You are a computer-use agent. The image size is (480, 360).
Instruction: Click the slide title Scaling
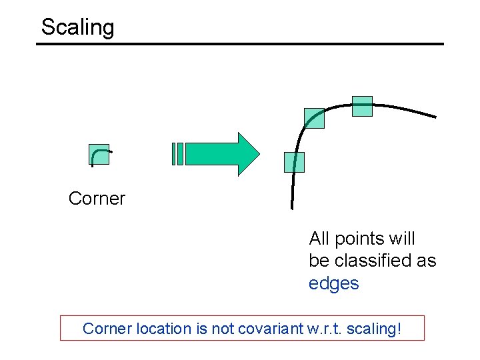point(77,27)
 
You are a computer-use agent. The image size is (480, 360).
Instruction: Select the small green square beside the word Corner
point(99,155)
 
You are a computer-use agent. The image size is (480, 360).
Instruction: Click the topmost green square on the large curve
point(362,107)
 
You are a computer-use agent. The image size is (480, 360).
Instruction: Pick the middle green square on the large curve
point(314,118)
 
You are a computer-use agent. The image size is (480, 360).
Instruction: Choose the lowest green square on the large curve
point(294,162)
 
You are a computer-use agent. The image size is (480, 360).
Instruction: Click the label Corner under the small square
point(97,199)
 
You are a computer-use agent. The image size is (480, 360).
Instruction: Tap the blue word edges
point(333,283)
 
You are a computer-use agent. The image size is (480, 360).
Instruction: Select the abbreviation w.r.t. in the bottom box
point(334,329)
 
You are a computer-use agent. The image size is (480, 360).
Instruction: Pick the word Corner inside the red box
point(106,329)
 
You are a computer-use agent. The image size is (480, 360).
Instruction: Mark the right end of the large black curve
point(435,117)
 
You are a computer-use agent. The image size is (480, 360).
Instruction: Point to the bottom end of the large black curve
point(291,207)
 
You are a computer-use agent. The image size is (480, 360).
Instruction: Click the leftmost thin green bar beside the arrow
point(173,154)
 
